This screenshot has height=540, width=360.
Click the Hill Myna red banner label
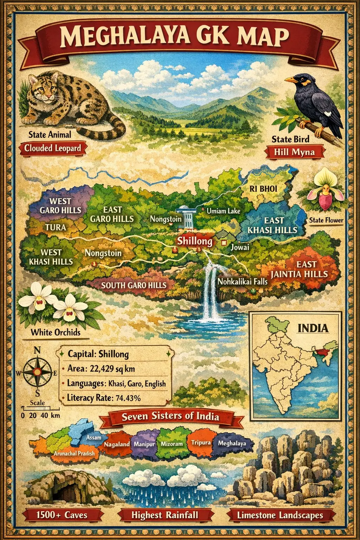point(295,152)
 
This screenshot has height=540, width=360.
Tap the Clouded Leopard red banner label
point(52,148)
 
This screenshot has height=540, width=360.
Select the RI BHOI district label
point(263,189)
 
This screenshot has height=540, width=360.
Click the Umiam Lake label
point(223,211)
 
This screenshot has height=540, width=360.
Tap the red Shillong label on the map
point(194,241)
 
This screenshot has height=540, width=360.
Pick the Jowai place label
point(240,247)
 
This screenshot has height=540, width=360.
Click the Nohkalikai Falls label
point(242,282)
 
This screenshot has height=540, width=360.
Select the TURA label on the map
point(56,227)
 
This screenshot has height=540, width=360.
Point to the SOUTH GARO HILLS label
point(134,285)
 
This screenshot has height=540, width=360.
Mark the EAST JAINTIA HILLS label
point(300,269)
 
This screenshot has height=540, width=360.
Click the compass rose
point(37,372)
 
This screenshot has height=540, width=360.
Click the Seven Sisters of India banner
point(171,417)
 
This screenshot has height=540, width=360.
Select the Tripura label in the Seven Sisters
point(201,442)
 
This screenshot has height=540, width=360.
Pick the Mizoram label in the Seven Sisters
point(172,444)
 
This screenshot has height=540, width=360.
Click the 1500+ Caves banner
point(62,515)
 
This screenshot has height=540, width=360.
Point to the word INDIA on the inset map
point(313,328)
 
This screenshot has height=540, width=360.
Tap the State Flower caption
point(326,220)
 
